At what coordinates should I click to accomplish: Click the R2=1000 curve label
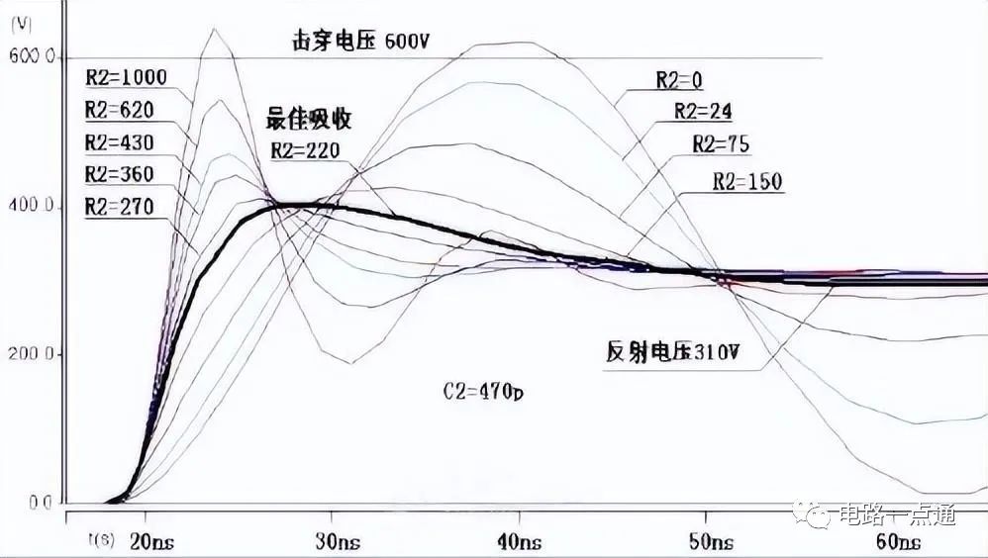coord(126,76)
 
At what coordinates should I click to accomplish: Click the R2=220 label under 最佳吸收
coord(305,151)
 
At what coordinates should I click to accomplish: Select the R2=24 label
coord(703,112)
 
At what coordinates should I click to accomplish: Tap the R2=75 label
coord(721,144)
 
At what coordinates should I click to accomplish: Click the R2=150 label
coord(747,182)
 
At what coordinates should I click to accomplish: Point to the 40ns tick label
coord(521,542)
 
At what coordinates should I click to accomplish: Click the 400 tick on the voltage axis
coord(34,207)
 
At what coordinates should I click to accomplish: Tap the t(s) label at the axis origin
coord(98,540)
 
